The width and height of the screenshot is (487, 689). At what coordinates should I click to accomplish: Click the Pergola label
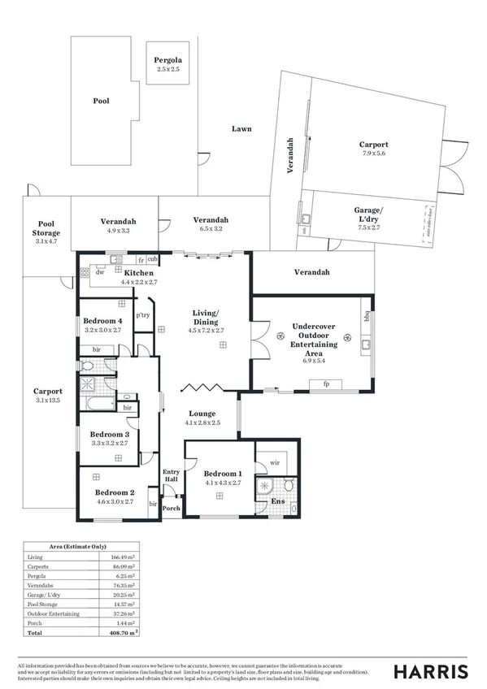168,61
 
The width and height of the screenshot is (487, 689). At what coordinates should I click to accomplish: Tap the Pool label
101,102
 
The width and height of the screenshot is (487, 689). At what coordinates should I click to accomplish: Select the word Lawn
241,128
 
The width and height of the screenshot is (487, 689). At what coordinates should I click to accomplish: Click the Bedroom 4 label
102,321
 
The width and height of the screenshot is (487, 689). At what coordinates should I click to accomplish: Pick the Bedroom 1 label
222,474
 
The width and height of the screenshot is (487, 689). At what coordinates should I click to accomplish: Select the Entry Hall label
171,475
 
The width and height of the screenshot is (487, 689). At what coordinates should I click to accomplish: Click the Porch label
171,509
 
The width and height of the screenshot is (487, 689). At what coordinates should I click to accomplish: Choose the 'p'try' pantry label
142,314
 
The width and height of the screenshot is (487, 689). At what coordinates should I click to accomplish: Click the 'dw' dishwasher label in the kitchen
99,273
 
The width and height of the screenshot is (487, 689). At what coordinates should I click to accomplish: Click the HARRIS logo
430,671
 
